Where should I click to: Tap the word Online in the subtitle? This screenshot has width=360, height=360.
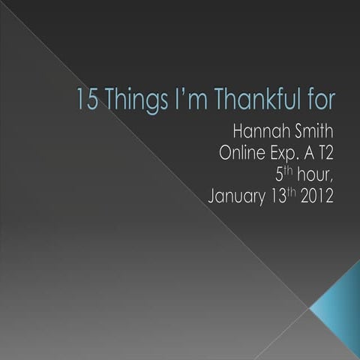[x=241, y=155]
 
